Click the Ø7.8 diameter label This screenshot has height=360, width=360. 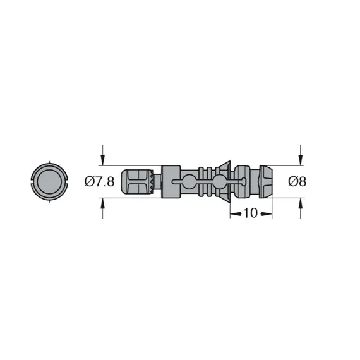(99, 182)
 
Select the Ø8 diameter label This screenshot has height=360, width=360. (297, 182)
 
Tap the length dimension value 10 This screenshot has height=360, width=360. (250, 213)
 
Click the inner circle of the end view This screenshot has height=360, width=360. (49, 182)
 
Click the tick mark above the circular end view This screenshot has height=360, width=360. (49, 164)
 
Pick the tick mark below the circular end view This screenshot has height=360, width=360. (49, 201)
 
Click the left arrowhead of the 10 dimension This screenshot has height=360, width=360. (233, 213)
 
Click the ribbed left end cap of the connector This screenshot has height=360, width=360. (138, 182)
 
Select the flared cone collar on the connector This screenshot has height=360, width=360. (223, 182)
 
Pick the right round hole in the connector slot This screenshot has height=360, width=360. (219, 182)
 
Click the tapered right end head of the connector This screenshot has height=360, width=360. (266, 182)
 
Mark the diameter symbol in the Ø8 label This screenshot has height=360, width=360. (292, 182)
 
